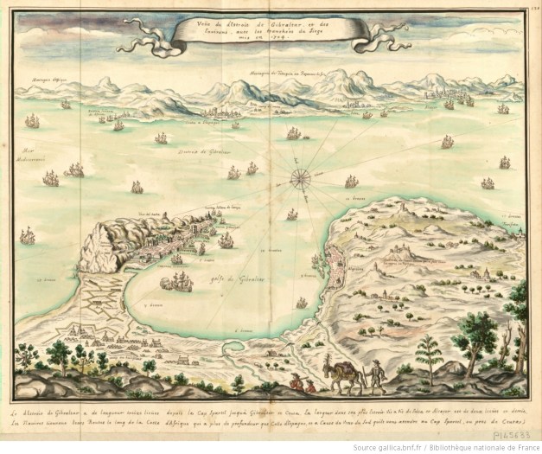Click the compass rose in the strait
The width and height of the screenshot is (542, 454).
pyautogui.click(x=302, y=178)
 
